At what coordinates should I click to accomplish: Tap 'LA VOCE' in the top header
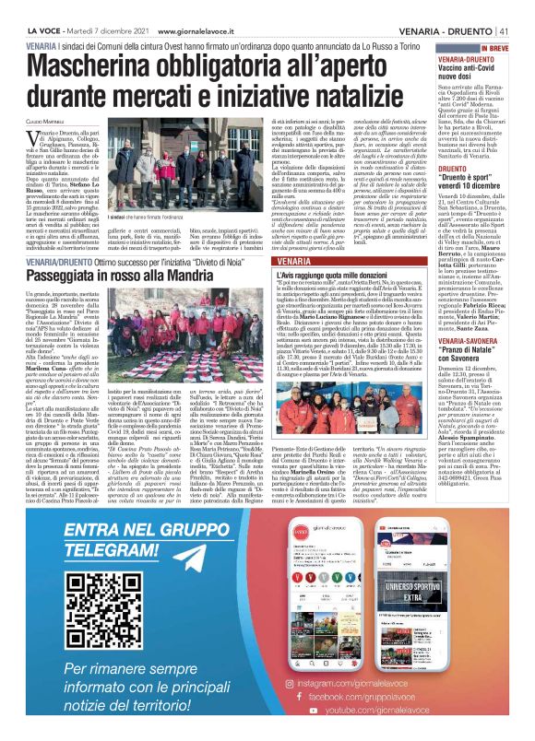click(21, 8)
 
